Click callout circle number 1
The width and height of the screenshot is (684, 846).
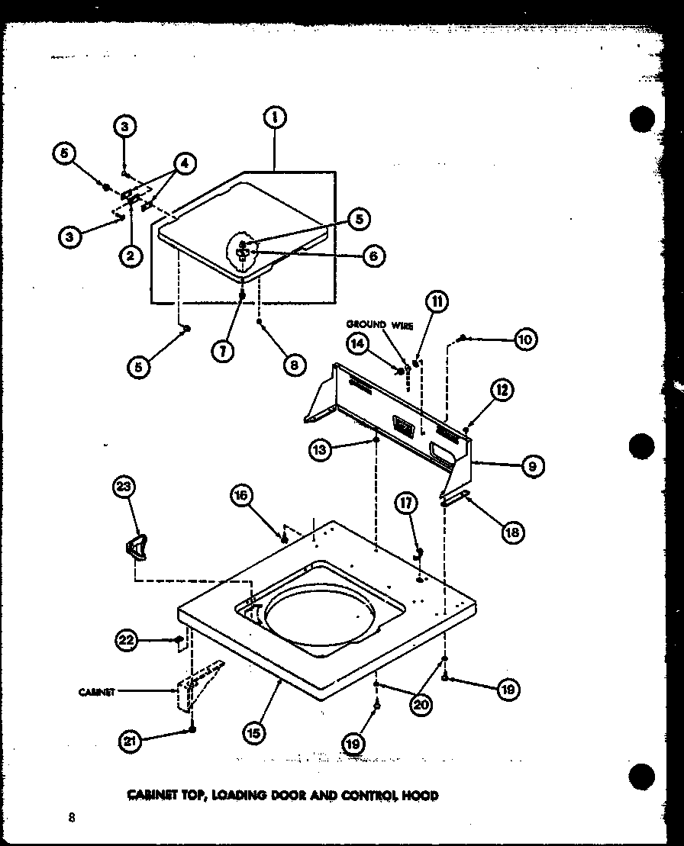pos(273,117)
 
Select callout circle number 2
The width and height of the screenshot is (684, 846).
pos(131,256)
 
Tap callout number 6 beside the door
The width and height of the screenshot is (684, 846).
pos(373,256)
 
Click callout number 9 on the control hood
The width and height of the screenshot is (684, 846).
pos(531,465)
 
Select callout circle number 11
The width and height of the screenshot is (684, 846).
pos(437,301)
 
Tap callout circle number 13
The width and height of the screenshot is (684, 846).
pos(321,451)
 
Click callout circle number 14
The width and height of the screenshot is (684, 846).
pos(357,343)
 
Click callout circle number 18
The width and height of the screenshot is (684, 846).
pos(512,532)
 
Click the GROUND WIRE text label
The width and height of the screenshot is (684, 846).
pos(379,326)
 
